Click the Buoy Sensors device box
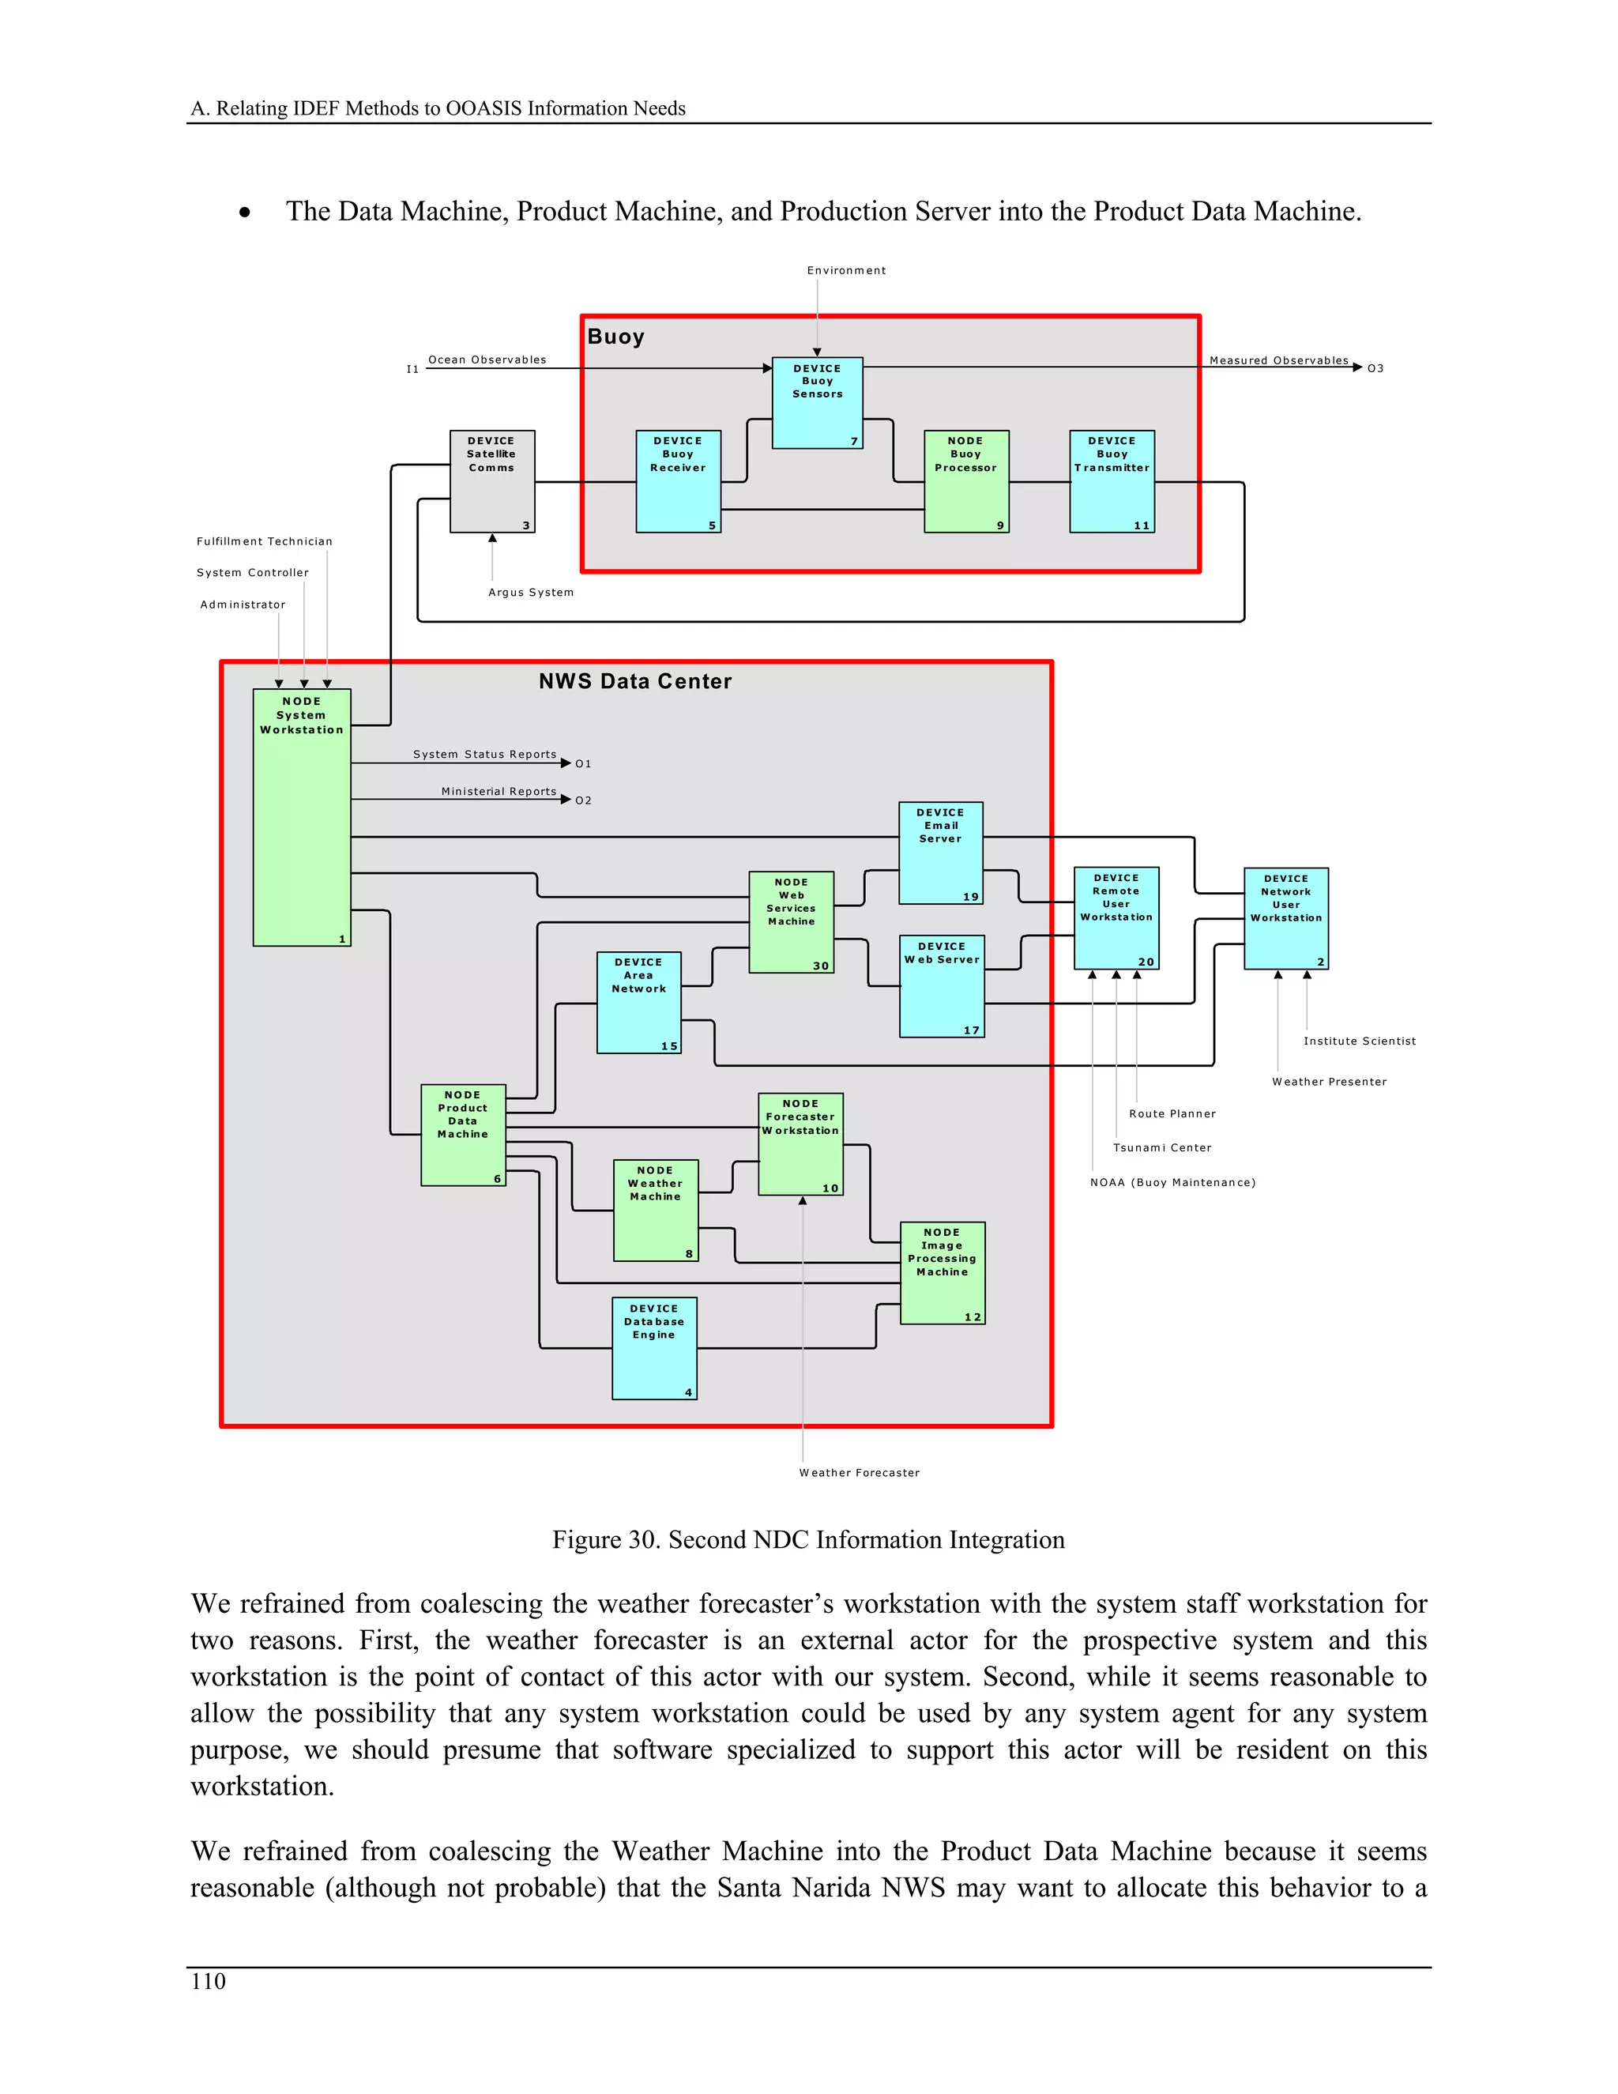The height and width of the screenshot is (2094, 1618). click(817, 403)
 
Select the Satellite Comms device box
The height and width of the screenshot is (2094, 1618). click(491, 481)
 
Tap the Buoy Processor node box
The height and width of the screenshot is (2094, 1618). click(965, 481)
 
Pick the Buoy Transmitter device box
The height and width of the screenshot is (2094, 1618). click(1112, 481)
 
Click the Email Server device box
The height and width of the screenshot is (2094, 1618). click(940, 853)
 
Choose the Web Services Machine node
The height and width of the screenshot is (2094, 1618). click(791, 921)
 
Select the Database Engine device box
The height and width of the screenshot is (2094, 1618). click(653, 1348)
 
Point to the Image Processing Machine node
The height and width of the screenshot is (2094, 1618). click(943, 1272)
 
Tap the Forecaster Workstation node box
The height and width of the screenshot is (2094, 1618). click(800, 1144)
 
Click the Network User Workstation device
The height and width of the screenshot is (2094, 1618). click(1285, 918)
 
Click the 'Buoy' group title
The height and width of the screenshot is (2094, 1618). click(615, 337)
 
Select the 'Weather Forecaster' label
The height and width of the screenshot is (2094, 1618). click(859, 1473)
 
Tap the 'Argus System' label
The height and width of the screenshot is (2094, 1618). click(531, 593)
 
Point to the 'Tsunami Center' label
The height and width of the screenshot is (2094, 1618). click(1161, 1147)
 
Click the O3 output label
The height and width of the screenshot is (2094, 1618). click(1375, 368)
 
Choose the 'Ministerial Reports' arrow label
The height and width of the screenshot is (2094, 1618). click(499, 791)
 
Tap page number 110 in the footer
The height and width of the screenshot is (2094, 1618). click(208, 1982)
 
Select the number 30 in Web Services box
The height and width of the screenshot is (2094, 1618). click(821, 966)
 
